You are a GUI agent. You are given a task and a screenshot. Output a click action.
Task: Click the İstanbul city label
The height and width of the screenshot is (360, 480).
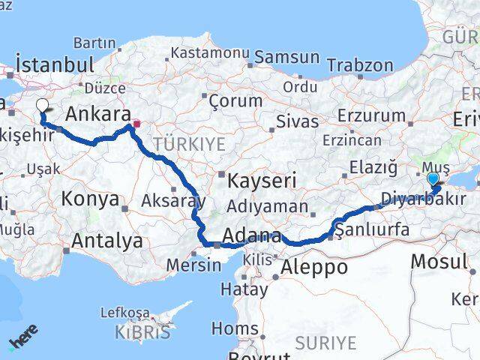pos(54,64)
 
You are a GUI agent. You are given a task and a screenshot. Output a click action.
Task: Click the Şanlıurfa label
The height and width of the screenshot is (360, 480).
pos(373,229)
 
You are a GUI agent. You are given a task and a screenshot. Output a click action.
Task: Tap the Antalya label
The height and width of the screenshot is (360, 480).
pos(106,241)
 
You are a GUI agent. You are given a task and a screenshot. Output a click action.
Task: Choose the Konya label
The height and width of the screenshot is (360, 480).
pos(91,199)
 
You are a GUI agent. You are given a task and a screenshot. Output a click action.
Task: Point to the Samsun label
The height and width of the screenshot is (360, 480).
pos(286,58)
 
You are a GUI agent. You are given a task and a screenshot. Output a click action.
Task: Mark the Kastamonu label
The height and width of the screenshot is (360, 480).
pos(209,53)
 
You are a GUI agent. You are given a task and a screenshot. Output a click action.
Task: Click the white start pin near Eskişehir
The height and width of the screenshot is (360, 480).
pos(41,106)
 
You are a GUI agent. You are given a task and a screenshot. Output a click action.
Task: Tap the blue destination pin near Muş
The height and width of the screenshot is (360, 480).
pos(433,179)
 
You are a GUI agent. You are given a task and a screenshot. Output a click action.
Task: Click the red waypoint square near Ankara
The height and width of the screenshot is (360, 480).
pos(136,124)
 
